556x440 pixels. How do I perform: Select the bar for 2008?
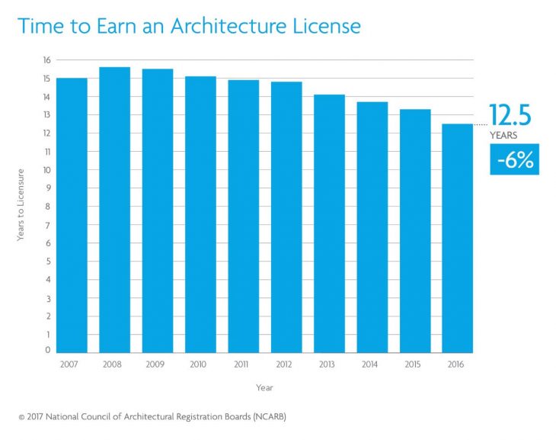(114, 210)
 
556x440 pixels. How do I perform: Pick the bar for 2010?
(200, 214)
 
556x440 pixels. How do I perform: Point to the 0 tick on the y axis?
(47, 351)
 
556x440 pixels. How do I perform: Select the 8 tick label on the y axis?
(47, 206)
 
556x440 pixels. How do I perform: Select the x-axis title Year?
(264, 387)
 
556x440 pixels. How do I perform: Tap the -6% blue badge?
(514, 159)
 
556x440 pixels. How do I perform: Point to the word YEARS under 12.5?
(503, 135)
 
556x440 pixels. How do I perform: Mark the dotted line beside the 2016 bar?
(480, 124)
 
